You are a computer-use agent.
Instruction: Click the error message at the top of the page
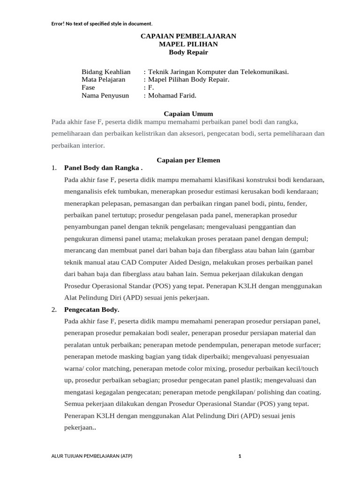(x=102, y=23)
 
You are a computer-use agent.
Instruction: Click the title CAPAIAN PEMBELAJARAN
(x=188, y=36)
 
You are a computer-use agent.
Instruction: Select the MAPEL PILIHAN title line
(x=188, y=44)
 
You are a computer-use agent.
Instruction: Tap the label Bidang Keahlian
(x=106, y=72)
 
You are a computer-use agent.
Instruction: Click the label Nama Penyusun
(x=105, y=96)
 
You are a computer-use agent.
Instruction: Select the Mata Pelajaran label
(x=103, y=80)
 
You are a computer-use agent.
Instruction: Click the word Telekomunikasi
(x=264, y=72)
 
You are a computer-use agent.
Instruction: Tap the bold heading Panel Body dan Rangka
(x=102, y=168)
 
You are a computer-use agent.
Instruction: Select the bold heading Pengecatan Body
(x=91, y=309)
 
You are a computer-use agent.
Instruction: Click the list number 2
(x=54, y=309)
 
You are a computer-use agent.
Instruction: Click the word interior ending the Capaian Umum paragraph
(x=91, y=145)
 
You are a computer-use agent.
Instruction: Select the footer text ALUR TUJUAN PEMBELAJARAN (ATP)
(x=92, y=456)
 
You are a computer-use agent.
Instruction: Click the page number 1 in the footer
(x=240, y=456)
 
